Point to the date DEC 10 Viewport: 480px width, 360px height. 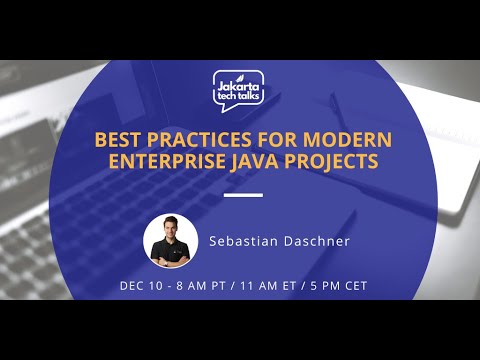point(140,286)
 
